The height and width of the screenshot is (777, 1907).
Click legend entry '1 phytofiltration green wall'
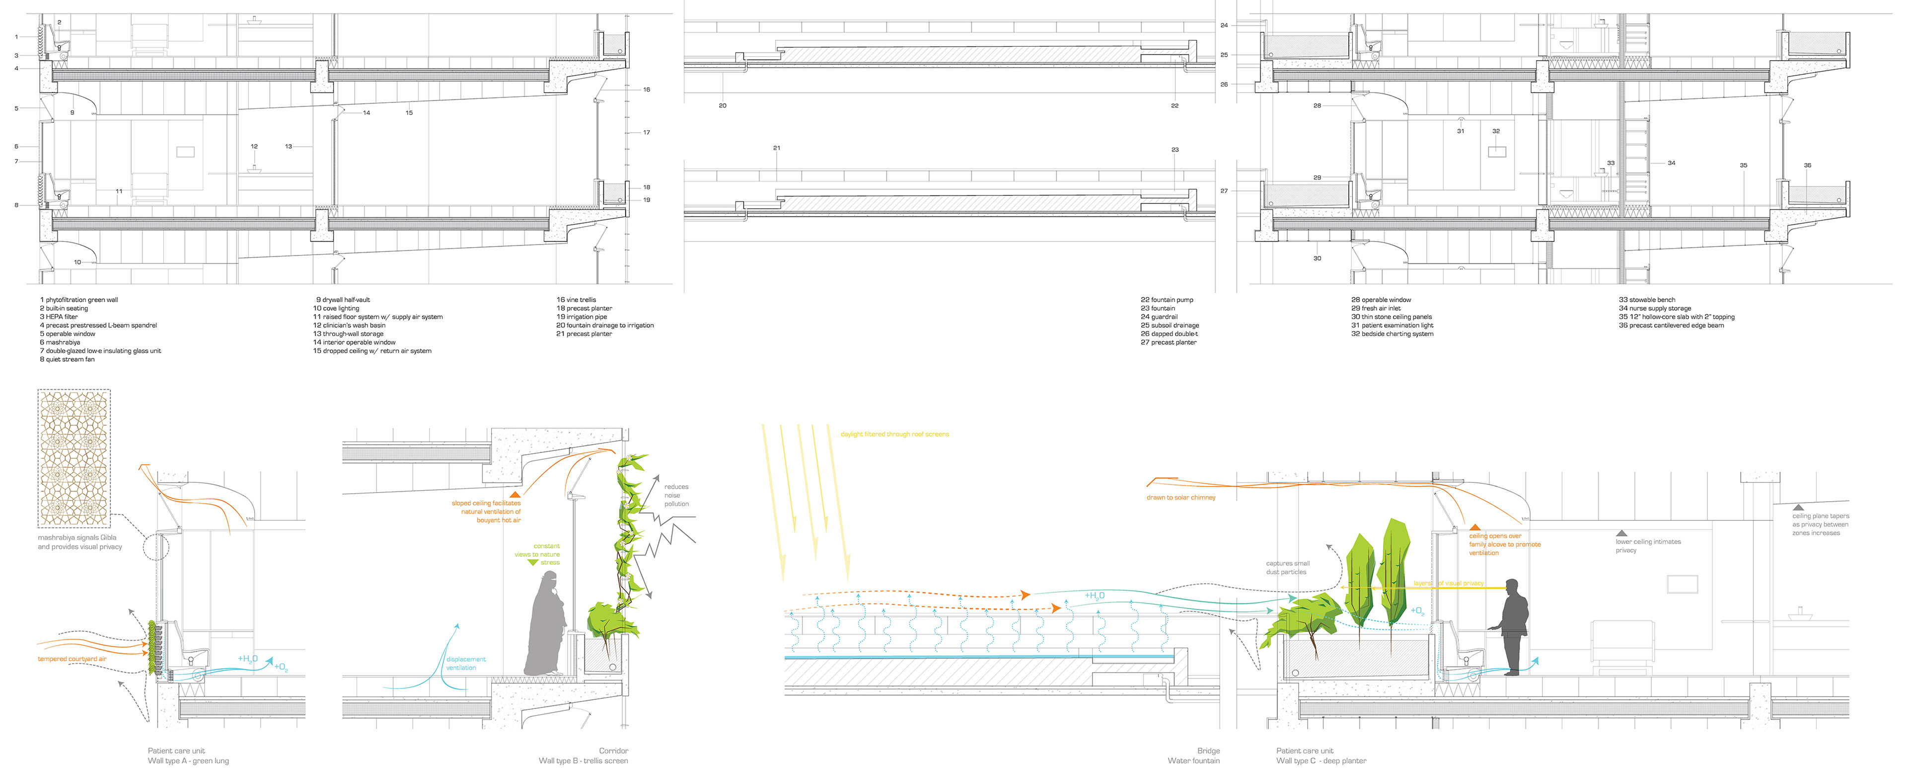pyautogui.click(x=78, y=300)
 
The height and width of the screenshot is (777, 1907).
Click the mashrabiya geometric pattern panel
pyautogui.click(x=74, y=458)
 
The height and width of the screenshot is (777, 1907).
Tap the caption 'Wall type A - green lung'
pyautogui.click(x=188, y=761)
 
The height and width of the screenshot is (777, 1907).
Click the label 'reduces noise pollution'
pyautogui.click(x=676, y=496)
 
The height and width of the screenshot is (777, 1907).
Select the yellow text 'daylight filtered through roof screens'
pyautogui.click(x=894, y=434)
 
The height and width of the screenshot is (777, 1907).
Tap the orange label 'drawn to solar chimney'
pyautogui.click(x=1181, y=498)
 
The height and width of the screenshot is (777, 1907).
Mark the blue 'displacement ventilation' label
pyautogui.click(x=466, y=664)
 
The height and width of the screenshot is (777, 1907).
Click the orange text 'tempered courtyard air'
pyautogui.click(x=72, y=659)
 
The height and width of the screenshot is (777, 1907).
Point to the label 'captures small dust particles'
pyautogui.click(x=1287, y=567)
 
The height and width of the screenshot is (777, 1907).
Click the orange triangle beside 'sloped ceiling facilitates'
pyautogui.click(x=514, y=494)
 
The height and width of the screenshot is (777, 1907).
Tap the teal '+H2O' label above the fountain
pyautogui.click(x=1094, y=596)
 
